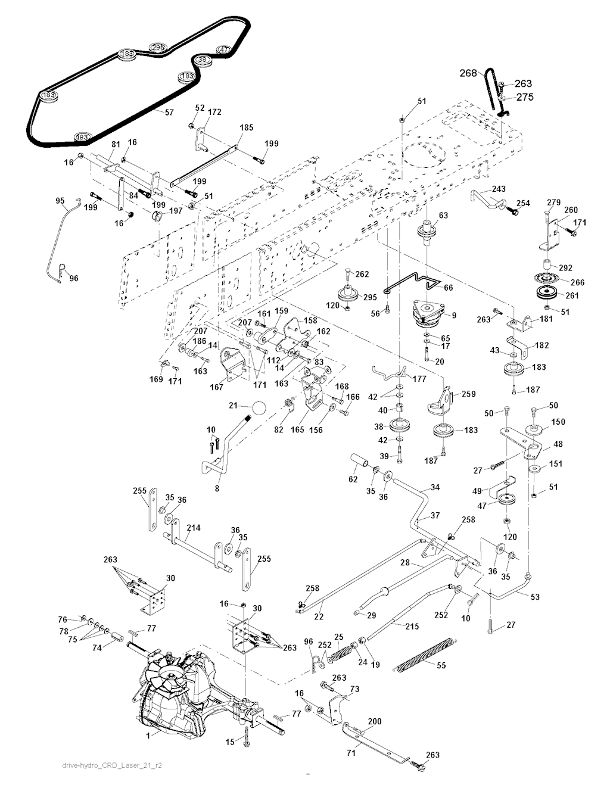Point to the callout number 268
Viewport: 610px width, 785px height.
tap(468, 73)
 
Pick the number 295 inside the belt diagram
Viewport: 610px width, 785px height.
tap(157, 48)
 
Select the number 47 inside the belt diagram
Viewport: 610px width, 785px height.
tap(223, 49)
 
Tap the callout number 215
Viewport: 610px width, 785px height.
tap(411, 626)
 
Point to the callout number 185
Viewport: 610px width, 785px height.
tap(245, 127)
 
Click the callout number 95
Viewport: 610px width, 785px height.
tap(60, 201)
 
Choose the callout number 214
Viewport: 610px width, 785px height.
tap(193, 528)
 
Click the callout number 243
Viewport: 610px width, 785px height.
tap(498, 189)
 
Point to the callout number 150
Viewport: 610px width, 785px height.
tap(558, 422)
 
